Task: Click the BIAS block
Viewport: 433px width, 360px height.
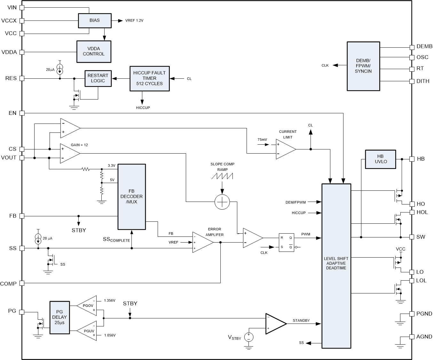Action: click(95, 20)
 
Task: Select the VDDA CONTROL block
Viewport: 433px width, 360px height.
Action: click(94, 52)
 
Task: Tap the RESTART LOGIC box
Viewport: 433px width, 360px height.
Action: click(98, 78)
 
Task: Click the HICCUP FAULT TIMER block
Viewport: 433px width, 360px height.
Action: click(149, 78)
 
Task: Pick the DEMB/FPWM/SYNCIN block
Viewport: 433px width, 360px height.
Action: click(363, 66)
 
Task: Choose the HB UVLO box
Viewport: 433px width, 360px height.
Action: click(380, 159)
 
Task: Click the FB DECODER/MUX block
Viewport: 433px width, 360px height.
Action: click(132, 197)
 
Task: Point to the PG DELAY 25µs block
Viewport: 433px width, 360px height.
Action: click(59, 317)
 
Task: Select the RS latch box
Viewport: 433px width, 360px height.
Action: click(286, 242)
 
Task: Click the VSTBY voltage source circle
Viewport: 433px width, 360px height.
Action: click(249, 337)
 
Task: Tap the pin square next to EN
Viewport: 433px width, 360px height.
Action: click(22, 113)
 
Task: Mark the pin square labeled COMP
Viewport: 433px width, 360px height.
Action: click(22, 283)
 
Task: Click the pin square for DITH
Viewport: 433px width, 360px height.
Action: click(412, 81)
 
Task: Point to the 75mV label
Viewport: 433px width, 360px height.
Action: click(262, 140)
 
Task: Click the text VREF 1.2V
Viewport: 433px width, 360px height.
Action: click(134, 21)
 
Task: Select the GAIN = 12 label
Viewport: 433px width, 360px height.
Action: click(79, 145)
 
